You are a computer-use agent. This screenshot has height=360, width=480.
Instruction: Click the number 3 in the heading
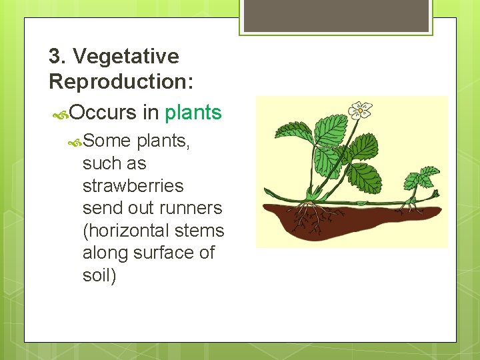tap(55, 57)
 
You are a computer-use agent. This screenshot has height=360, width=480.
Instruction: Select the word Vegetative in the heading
tap(126, 57)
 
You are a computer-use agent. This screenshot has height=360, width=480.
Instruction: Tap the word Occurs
tap(102, 113)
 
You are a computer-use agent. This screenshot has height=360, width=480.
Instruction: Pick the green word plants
tap(193, 113)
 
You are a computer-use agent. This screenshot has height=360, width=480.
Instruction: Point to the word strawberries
tap(133, 185)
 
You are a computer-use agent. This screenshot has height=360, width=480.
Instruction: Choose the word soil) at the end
tap(99, 275)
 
